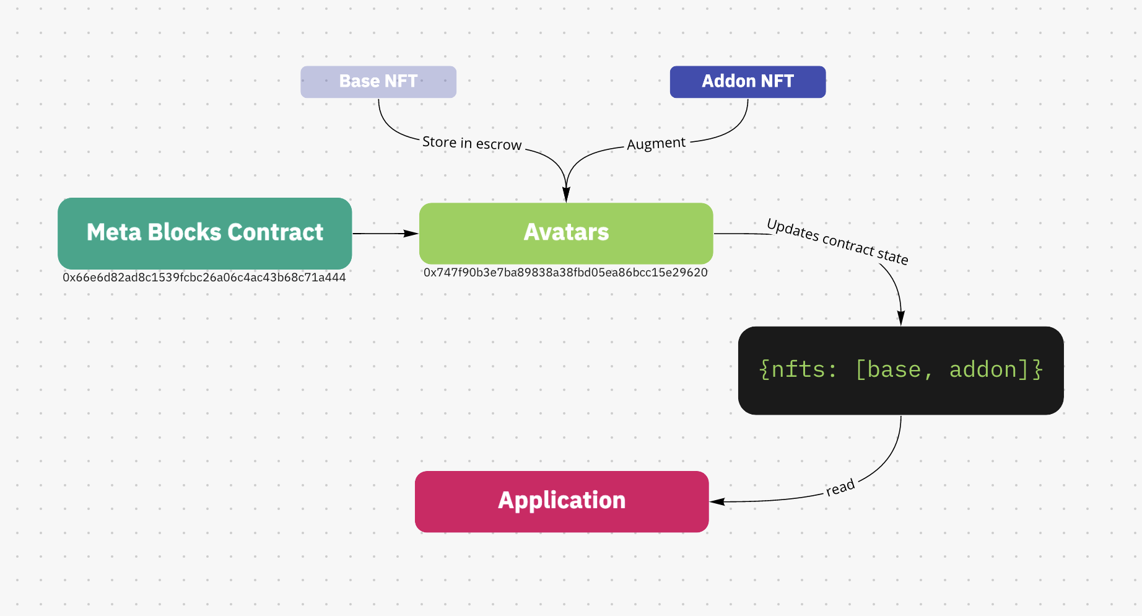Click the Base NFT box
point(378,82)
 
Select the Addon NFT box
point(748,82)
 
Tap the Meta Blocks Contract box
point(204,233)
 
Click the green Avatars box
point(566,233)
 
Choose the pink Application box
point(562,501)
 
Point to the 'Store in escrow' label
point(472,143)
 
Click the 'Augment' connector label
point(656,144)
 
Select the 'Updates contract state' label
point(837,242)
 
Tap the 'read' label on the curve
point(840,487)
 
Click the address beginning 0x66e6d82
point(204,278)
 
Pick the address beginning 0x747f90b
point(565,273)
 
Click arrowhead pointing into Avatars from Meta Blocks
point(411,234)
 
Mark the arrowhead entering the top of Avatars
point(566,195)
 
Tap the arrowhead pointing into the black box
point(901,319)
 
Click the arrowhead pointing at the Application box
point(718,501)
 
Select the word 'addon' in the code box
point(983,370)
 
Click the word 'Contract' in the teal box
point(275,232)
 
